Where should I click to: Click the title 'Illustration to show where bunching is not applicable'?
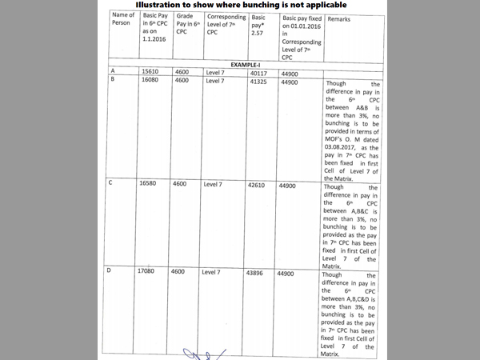tap(239, 6)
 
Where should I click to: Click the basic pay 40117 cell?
tap(261, 71)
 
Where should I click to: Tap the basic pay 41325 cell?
tap(261, 80)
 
